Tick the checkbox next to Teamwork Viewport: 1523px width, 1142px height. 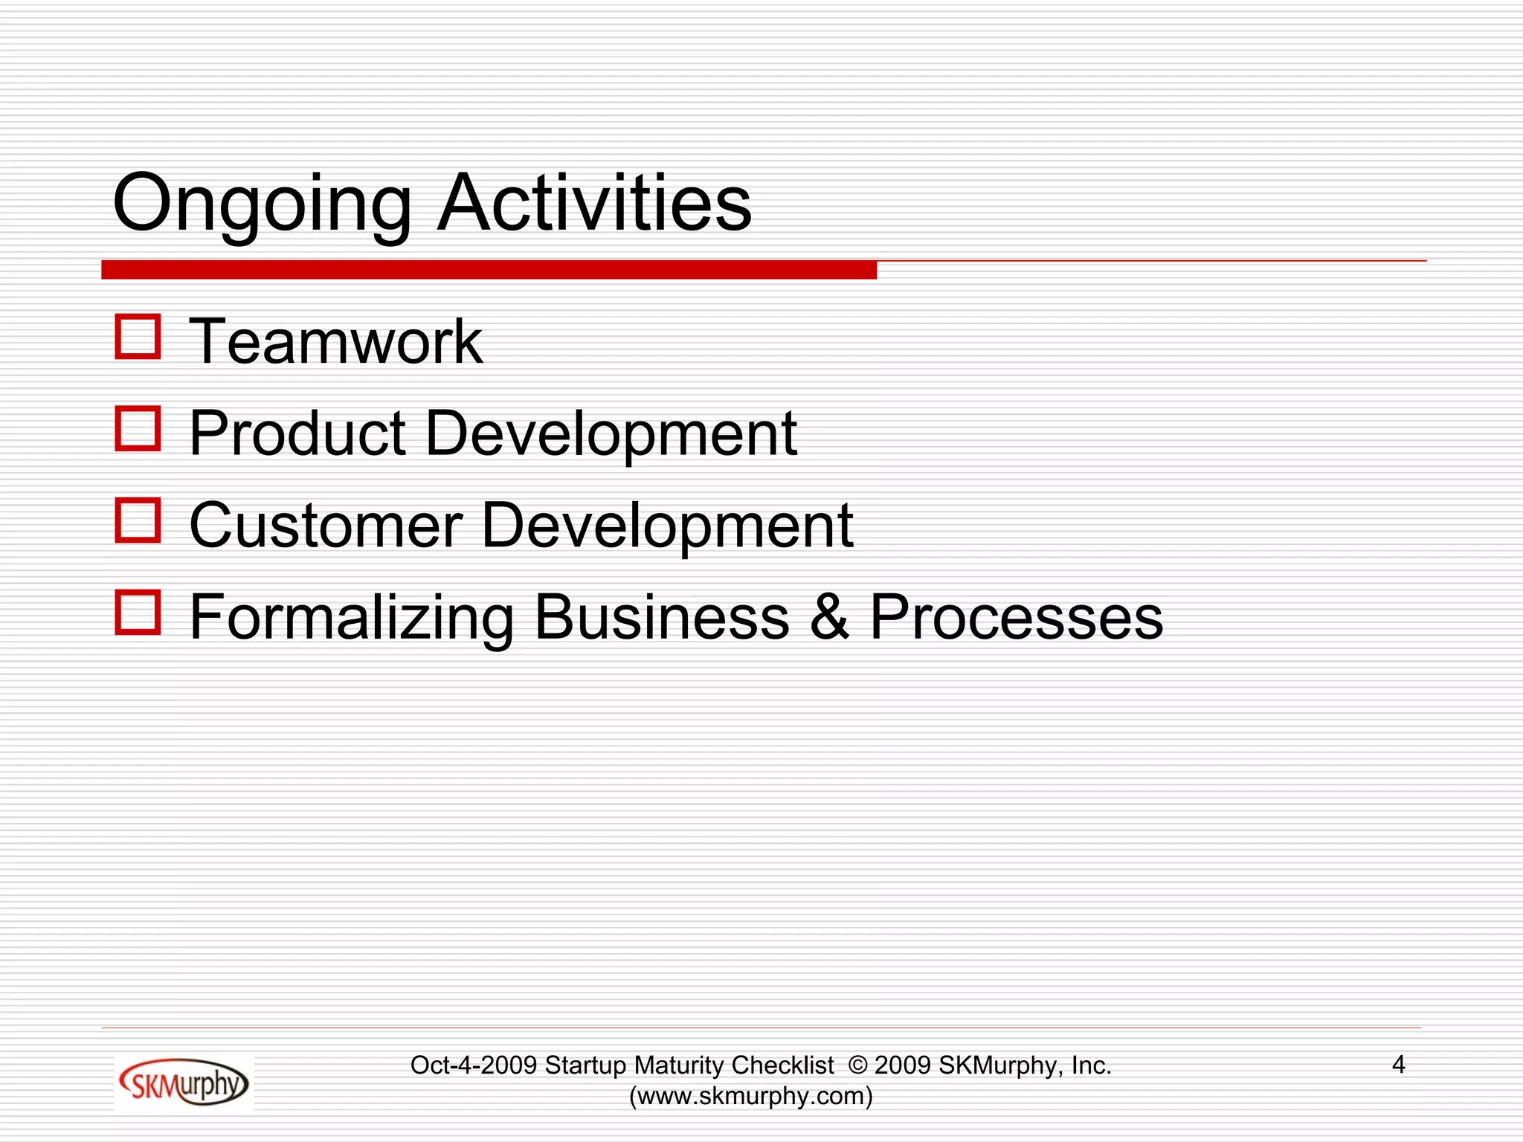coord(138,337)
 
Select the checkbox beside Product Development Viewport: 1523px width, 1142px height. coord(138,428)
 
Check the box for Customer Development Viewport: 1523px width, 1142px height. coord(138,520)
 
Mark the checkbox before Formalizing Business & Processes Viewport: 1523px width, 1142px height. coord(138,613)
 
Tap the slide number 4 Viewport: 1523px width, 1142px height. coord(1398,1065)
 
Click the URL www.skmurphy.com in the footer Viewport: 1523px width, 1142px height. coord(751,1096)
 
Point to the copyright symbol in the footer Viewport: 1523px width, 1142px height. coord(857,1065)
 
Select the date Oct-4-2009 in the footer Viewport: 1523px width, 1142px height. coord(474,1065)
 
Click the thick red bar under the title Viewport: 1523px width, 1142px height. coord(489,270)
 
